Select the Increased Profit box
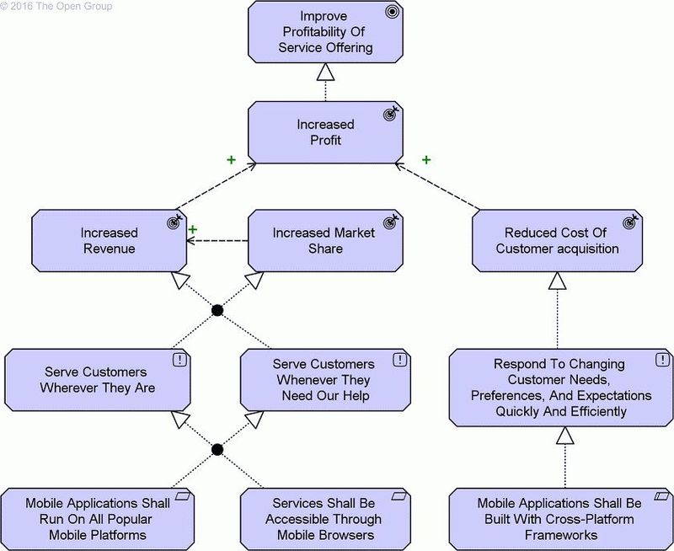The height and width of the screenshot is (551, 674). point(325,133)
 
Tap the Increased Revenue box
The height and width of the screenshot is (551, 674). point(110,240)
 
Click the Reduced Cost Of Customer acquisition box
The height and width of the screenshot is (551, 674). point(557,240)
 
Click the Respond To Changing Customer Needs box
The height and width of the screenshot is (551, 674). point(560,388)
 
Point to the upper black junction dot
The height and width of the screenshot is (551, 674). point(217,311)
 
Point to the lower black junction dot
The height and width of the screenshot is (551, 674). point(217,449)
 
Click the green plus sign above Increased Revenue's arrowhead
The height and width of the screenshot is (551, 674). point(193,229)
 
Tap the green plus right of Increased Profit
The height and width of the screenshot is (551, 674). point(426,159)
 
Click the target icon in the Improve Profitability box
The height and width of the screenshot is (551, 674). point(391,13)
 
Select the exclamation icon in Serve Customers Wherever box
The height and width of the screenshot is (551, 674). point(180,360)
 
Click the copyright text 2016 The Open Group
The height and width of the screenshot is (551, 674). point(57,6)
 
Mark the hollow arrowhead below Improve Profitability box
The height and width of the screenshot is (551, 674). point(325,73)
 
